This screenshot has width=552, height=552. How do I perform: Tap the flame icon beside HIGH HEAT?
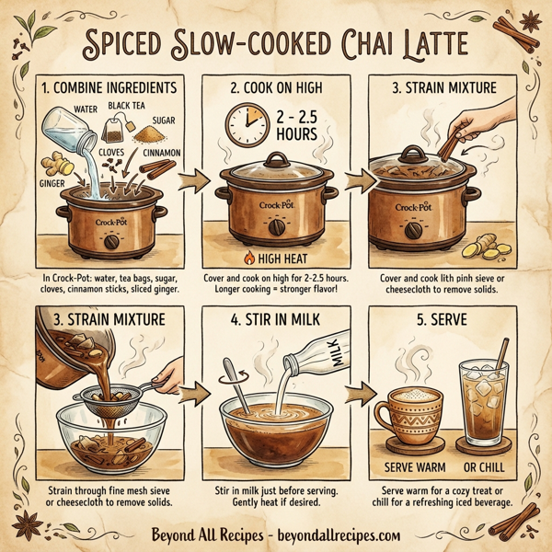pyautogui.click(x=242, y=259)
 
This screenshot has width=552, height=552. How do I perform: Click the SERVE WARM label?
pyautogui.click(x=414, y=466)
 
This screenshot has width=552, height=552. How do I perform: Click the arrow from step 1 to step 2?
pyautogui.click(x=191, y=184)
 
